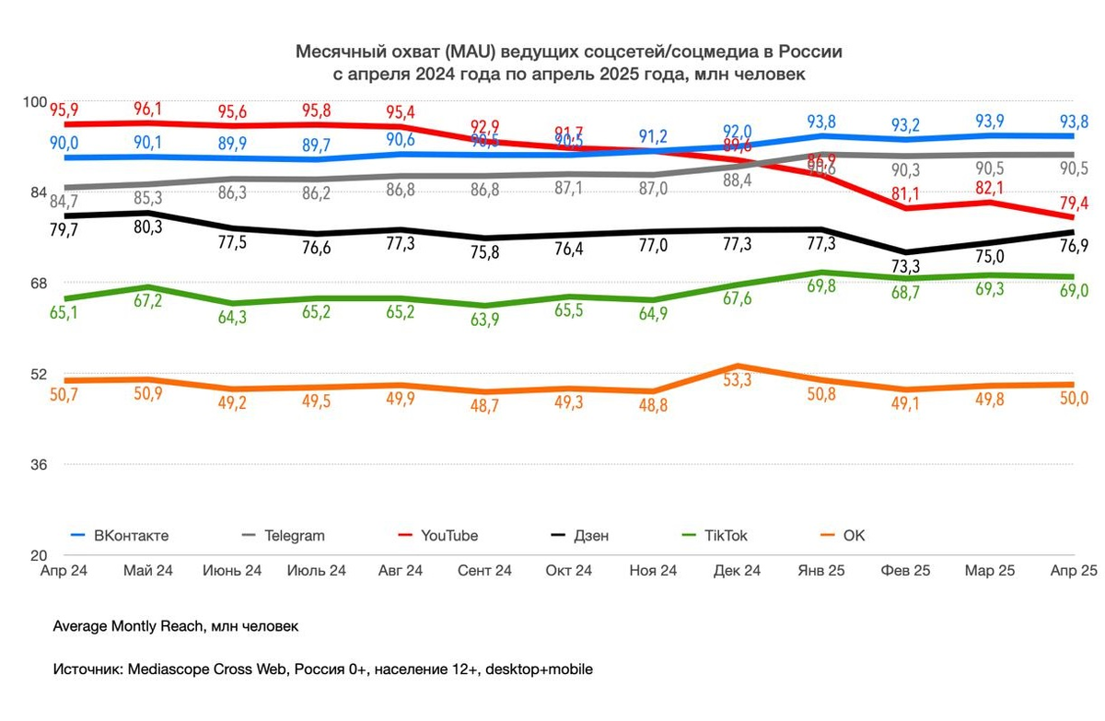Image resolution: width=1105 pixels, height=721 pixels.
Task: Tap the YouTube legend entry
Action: (x=449, y=535)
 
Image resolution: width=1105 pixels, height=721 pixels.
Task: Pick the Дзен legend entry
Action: (x=590, y=535)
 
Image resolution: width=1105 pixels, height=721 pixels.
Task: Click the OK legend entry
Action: (x=855, y=535)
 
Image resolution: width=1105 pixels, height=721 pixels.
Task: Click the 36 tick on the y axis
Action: (x=38, y=465)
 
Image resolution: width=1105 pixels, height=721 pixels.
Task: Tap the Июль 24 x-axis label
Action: (x=316, y=571)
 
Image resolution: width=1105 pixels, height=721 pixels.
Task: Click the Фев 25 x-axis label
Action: (x=905, y=571)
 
